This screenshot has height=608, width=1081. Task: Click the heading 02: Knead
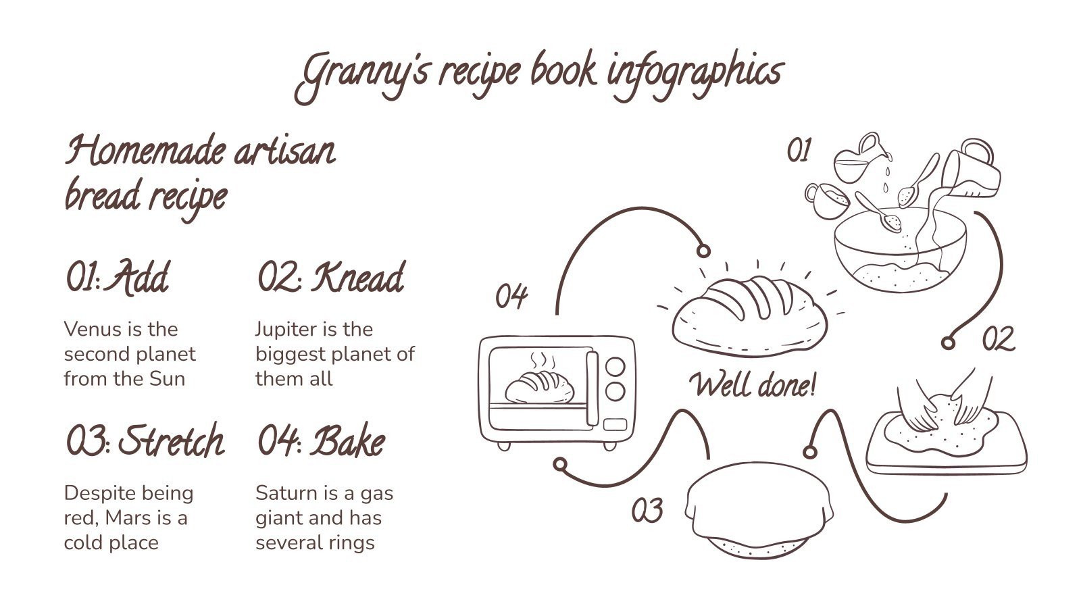point(331,277)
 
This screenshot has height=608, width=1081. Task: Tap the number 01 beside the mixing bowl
point(799,151)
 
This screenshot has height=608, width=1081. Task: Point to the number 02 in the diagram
point(998,338)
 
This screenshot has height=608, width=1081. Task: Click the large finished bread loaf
point(750,315)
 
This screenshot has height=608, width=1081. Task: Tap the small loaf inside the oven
point(540,387)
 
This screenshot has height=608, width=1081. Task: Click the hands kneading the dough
point(946,405)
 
